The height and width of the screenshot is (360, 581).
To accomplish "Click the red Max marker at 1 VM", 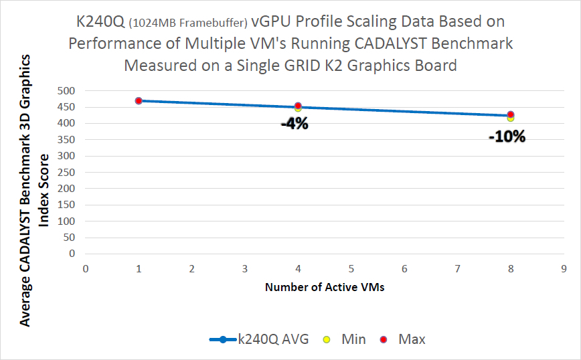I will [x=139, y=100].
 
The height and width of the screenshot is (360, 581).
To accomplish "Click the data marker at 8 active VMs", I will [x=511, y=115].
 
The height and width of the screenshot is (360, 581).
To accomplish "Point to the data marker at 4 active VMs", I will [x=298, y=106].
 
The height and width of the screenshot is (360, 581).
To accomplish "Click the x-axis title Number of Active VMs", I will [x=325, y=288].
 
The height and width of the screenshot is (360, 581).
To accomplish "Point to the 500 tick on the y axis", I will [x=68, y=91].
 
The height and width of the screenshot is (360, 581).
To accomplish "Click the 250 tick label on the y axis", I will [x=68, y=172].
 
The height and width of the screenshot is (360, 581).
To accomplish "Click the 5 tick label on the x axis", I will [x=351, y=268].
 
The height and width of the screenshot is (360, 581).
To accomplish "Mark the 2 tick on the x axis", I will [x=192, y=268].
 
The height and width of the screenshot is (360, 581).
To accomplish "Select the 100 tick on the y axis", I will [x=68, y=221].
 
